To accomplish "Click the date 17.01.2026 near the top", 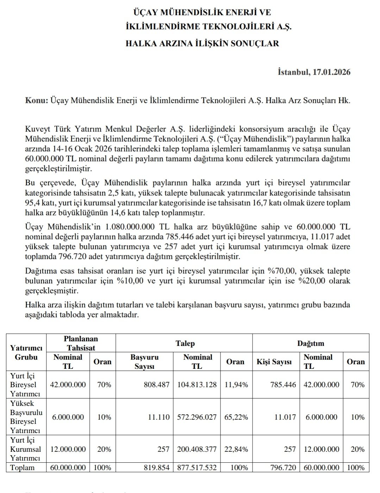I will point(331,72).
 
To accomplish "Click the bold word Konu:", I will point(37,100).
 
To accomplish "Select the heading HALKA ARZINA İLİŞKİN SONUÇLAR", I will point(202,43).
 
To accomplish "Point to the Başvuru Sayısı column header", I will point(144,361).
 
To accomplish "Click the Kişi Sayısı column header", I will point(274,362).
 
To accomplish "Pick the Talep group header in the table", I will point(185,343).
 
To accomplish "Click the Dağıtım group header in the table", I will point(311,343).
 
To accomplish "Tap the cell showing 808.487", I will point(156,385).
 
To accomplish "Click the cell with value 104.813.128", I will point(198,385).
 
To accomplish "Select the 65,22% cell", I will point(236,417).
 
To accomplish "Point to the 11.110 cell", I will point(158,417).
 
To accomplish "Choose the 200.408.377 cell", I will point(198,449).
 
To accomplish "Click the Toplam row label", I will point(23,468).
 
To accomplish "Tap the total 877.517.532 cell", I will point(198,468).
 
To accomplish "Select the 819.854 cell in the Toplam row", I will point(156,468).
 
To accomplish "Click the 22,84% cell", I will point(236,449).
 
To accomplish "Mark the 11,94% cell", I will point(236,385).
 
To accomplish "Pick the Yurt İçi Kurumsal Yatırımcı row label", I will point(25,449).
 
